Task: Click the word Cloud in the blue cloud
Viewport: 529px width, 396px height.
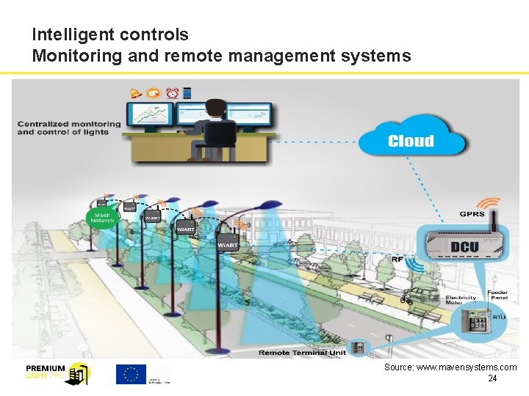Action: pos(411,141)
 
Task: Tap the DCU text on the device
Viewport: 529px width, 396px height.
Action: pos(464,246)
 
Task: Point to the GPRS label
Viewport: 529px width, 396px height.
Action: pos(472,214)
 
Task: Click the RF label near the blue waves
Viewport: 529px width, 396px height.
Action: pos(397,258)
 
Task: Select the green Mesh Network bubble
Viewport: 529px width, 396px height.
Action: pos(102,217)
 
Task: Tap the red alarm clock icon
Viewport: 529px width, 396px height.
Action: pos(172,93)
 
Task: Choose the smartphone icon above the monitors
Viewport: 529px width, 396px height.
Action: pos(187,93)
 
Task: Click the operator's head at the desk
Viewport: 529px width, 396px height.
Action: pos(215,108)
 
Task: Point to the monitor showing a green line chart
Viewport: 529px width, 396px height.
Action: pos(150,114)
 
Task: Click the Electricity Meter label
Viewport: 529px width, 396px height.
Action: pos(461,301)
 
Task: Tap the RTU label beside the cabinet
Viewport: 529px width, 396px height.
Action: pos(500,317)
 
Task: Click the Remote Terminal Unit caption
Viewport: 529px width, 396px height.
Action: pos(302,352)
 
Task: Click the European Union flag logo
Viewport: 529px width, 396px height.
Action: pos(131,373)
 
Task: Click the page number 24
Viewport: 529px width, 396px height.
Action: pos(492,378)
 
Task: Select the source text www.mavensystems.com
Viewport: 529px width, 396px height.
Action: pos(450,367)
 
